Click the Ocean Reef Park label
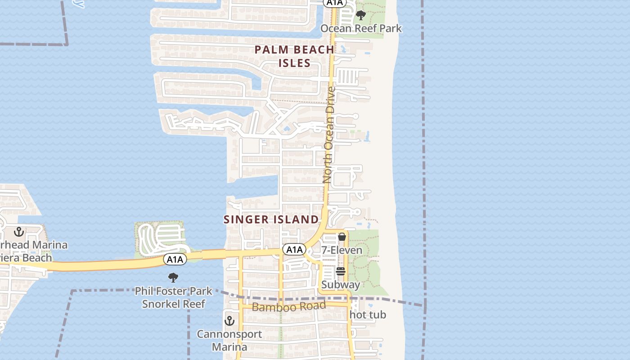361,28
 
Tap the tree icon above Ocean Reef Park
360,16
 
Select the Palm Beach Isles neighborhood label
294,56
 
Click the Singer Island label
271,220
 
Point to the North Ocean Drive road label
329,135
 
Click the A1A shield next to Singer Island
294,249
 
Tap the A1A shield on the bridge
175,259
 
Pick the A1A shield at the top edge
335,3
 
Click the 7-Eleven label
342,250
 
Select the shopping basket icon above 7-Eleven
342,237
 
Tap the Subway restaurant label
341,285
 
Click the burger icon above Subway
340,271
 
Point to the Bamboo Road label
288,307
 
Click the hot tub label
368,315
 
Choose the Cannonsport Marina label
229,341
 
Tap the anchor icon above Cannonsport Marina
229,321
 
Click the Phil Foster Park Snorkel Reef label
174,297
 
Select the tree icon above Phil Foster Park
173,278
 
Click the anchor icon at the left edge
19,232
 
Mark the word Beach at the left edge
34,258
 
